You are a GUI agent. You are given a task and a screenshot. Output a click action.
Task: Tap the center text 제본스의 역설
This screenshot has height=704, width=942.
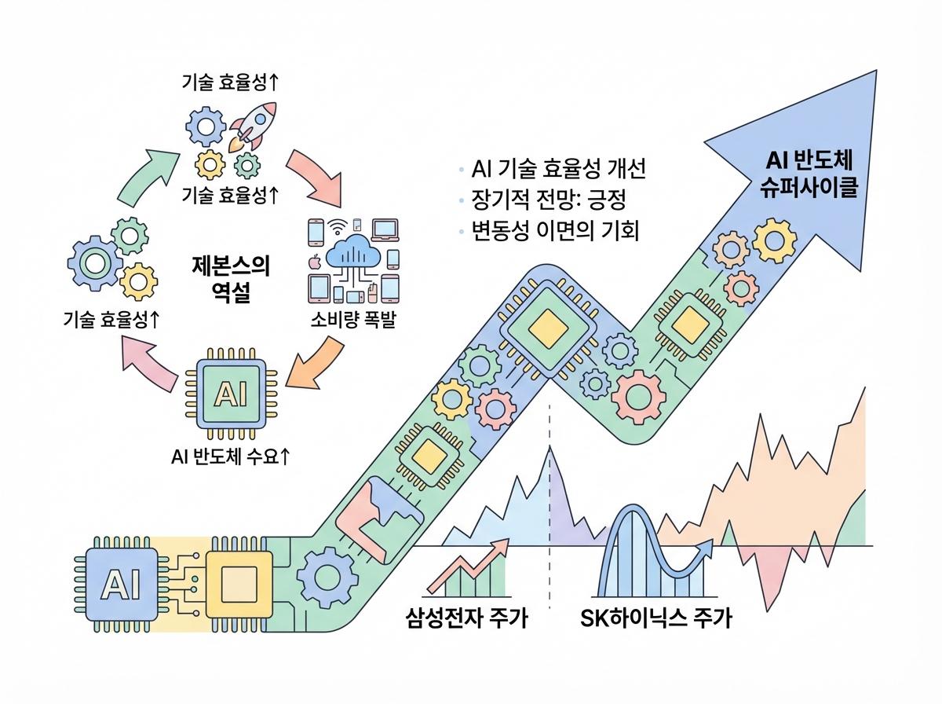point(230,277)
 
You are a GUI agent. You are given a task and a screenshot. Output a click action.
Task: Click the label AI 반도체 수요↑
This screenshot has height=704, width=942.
point(230,456)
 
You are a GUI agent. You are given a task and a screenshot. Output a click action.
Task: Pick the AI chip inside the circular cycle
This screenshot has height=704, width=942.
point(229,392)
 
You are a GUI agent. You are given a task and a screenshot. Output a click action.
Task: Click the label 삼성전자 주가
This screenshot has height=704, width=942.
point(467,618)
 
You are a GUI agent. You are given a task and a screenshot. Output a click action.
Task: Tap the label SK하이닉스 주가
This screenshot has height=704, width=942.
point(655,618)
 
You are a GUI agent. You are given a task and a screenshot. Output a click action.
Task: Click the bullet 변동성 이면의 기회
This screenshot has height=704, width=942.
point(561,232)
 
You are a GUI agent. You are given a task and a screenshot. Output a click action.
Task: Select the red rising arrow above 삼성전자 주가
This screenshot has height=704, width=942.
point(467,567)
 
